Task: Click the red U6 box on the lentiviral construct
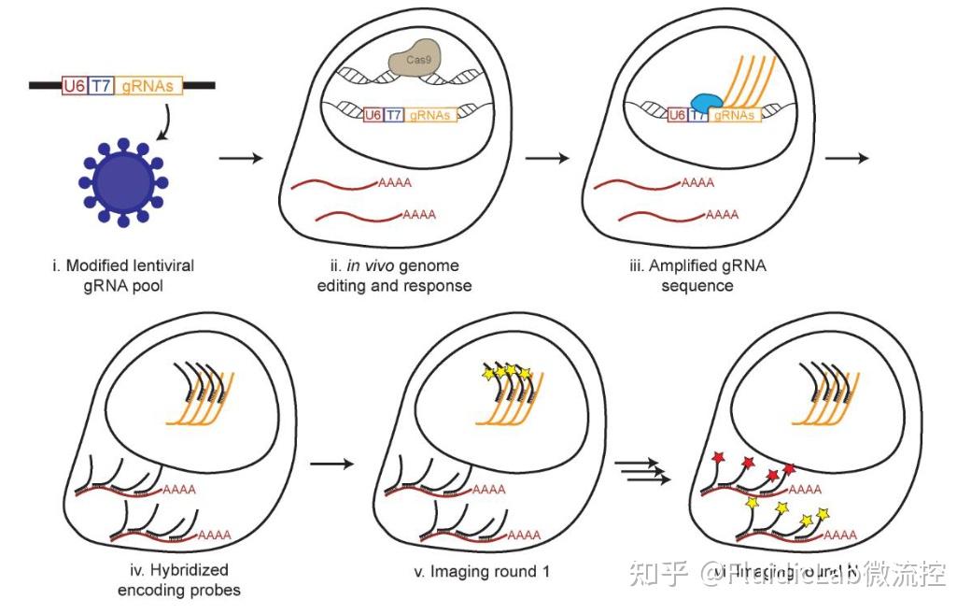74,85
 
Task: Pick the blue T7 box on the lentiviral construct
101,85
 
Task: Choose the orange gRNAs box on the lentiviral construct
148,85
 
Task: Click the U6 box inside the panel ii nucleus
373,115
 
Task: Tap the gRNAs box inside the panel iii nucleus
736,115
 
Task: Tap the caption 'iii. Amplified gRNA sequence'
697,275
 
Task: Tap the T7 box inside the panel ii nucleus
396,115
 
